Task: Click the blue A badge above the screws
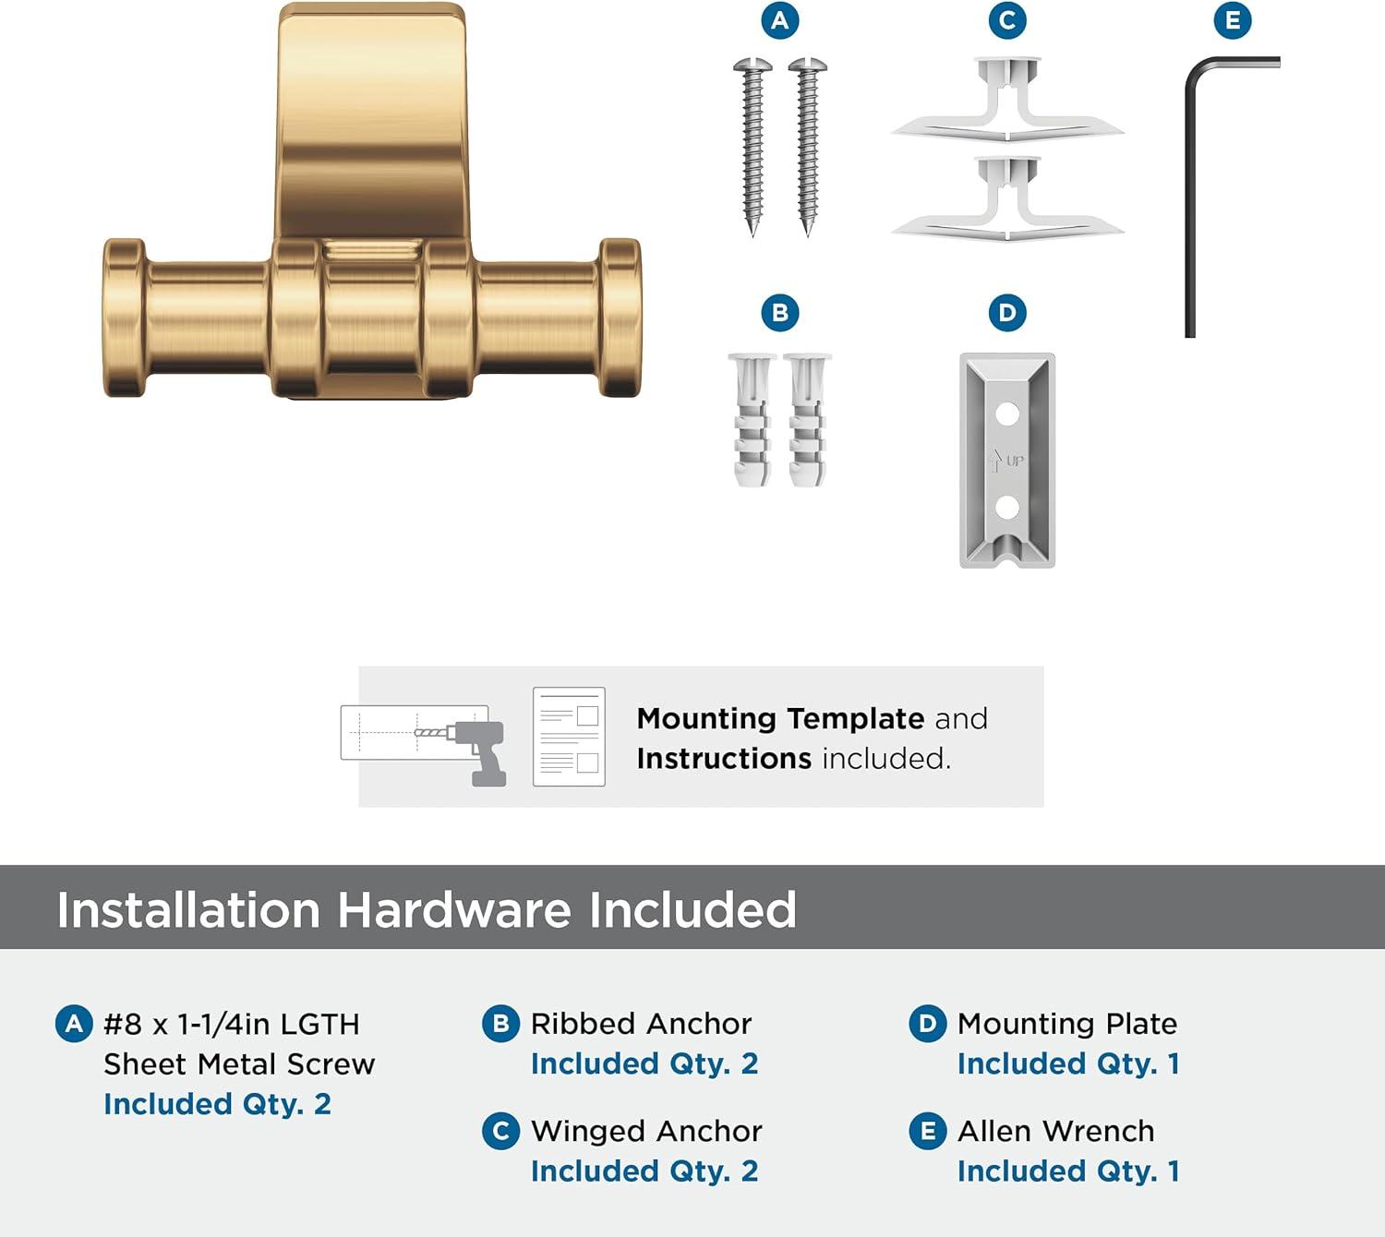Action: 780,20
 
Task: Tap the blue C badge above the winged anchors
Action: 1007,20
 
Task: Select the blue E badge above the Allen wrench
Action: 1233,20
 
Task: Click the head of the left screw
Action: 753,66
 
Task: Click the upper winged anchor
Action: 1007,102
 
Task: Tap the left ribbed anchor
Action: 753,419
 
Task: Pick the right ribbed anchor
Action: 808,419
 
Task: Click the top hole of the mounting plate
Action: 1007,413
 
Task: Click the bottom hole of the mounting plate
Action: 1007,506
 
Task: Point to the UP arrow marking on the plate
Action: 996,460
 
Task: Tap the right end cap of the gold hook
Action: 620,318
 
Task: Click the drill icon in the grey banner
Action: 478,750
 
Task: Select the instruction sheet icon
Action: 569,737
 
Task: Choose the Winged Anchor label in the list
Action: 646,1131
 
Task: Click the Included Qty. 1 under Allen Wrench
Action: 1068,1171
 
